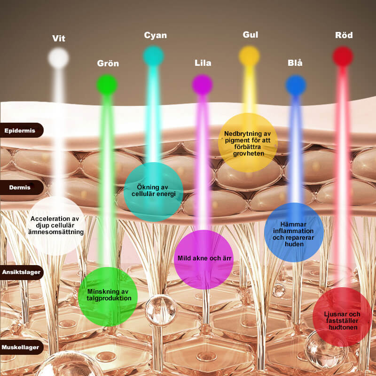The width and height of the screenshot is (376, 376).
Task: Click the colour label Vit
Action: pos(59,39)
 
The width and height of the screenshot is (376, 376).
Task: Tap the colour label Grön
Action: pos(108,63)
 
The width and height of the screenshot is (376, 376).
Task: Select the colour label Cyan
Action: pos(155,35)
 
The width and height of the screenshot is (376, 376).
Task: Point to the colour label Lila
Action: pos(203,63)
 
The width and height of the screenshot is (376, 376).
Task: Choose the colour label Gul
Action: pos(251,35)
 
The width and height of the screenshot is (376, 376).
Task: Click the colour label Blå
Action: pos(295,63)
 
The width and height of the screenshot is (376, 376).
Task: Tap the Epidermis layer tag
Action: pos(20,130)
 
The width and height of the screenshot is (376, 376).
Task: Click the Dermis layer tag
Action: pos(20,188)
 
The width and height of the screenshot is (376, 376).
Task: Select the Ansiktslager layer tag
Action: pos(21,272)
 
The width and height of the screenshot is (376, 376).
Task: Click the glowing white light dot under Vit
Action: pos(59,58)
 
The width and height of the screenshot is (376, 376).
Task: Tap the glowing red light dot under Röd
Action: pos(343,56)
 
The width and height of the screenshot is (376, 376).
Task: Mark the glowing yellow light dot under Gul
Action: pos(249,56)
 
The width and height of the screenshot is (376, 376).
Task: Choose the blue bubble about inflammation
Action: pos(293,232)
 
